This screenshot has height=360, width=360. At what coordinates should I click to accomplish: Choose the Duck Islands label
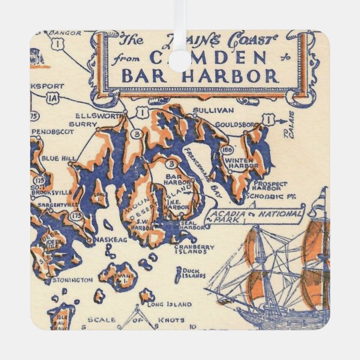click(x=191, y=273)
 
